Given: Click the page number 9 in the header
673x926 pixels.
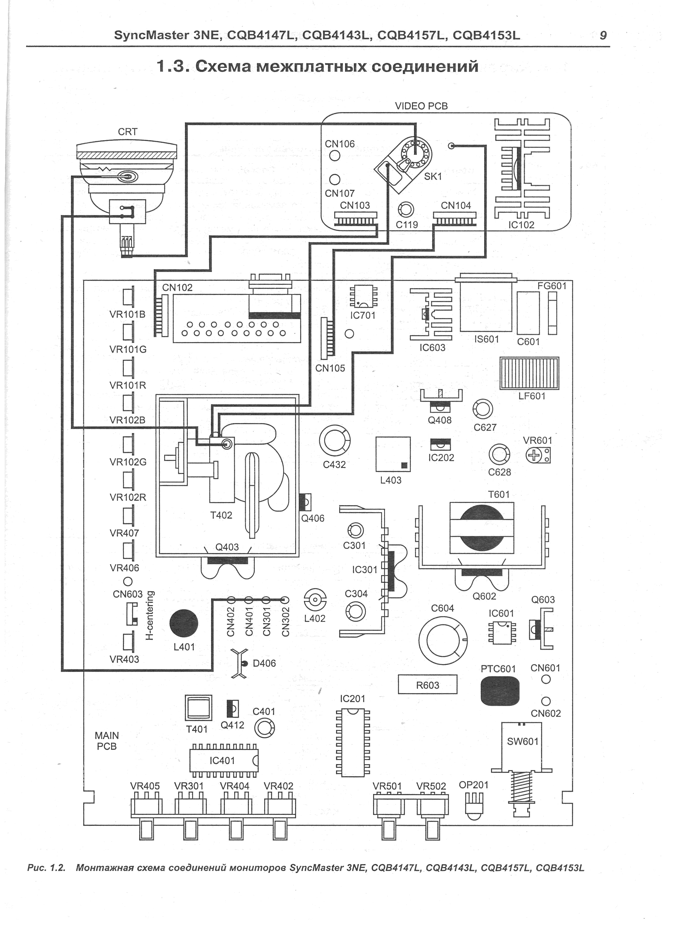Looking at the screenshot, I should coord(603,36).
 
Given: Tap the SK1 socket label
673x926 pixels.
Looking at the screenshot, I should coord(433,177).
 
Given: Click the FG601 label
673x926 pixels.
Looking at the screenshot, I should coord(552,286).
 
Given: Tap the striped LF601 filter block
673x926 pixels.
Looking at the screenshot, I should coord(529,374).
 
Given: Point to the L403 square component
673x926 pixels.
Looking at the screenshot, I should coord(393,454).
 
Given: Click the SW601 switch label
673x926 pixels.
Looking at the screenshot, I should coord(523,741).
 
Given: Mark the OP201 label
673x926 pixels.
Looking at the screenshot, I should coord(474,785).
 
